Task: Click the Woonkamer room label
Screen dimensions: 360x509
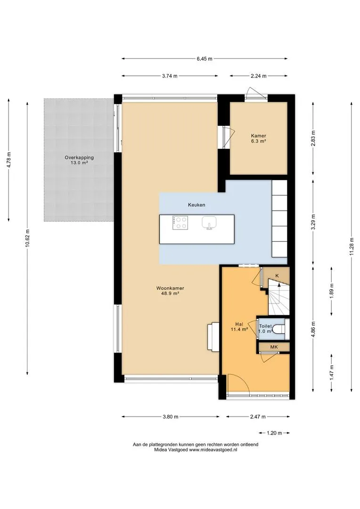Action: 170,290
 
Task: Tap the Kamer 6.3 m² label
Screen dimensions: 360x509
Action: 258,138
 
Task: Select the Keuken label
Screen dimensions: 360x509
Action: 196,205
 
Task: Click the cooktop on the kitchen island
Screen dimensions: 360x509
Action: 180,222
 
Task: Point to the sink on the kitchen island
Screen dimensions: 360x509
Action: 210,223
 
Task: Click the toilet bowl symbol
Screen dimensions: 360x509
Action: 278,329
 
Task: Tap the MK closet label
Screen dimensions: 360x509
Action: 274,347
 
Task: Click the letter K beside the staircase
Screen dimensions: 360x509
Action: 277,276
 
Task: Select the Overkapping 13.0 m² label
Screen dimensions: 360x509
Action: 79,160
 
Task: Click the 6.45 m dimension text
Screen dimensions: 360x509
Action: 205,59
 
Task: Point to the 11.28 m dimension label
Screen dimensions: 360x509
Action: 352,246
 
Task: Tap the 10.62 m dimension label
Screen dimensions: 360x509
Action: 27,238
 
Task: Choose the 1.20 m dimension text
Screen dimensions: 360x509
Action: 274,433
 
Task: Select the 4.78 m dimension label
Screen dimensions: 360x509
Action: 9,160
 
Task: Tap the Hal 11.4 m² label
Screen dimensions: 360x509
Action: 239,327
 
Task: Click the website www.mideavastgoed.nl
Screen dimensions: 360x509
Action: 213,450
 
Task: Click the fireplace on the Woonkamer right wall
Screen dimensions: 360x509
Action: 214,337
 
